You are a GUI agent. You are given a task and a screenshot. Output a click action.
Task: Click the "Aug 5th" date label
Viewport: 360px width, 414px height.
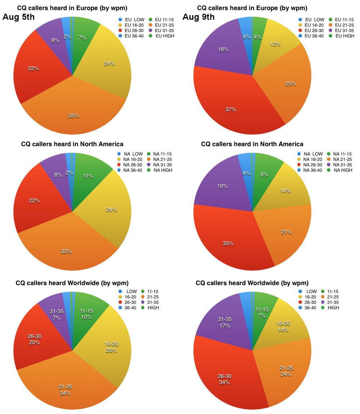[x=19, y=17]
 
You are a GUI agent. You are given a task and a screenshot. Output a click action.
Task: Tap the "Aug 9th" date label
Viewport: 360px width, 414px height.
[x=198, y=17]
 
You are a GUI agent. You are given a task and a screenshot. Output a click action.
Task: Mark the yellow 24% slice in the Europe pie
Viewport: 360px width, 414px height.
[x=108, y=65]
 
